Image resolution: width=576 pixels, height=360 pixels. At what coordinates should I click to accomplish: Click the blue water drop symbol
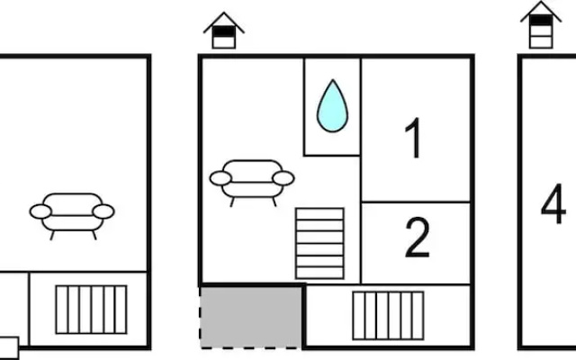[x=332, y=106]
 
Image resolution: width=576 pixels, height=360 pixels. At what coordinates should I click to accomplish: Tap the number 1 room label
[x=413, y=138]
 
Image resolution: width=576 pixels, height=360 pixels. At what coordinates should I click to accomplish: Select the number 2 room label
[x=418, y=238]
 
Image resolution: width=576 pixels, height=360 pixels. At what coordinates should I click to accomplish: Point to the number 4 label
[x=553, y=203]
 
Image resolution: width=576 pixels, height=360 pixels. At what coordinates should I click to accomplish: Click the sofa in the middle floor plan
[x=252, y=183]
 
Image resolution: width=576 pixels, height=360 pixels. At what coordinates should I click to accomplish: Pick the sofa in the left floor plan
[x=72, y=216]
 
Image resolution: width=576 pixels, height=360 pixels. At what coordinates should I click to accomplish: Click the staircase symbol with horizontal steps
[x=319, y=244]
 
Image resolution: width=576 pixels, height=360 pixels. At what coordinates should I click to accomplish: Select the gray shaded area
[x=251, y=317]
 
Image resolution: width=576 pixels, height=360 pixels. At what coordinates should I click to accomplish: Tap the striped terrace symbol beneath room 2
[x=388, y=316]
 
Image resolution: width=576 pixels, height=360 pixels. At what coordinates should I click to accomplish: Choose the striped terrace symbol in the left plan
[x=92, y=310]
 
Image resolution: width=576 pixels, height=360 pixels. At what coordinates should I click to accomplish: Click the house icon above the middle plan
[x=224, y=31]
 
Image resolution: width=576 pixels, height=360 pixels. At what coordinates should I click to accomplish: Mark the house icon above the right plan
[x=541, y=24]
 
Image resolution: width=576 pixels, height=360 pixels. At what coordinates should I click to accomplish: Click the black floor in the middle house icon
[x=224, y=31]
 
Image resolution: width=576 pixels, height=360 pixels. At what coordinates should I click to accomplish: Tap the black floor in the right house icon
[x=541, y=20]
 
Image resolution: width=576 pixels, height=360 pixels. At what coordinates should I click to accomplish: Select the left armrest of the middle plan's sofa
[x=220, y=178]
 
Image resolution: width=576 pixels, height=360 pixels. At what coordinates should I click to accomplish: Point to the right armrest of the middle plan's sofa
[x=283, y=178]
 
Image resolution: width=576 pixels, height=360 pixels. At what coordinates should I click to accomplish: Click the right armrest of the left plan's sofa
[x=103, y=211]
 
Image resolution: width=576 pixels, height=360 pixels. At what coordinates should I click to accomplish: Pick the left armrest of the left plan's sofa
[x=40, y=211]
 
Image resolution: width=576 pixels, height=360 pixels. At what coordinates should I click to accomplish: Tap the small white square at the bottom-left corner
[x=9, y=347]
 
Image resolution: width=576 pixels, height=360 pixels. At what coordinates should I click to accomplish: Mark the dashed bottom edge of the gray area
[x=251, y=346]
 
